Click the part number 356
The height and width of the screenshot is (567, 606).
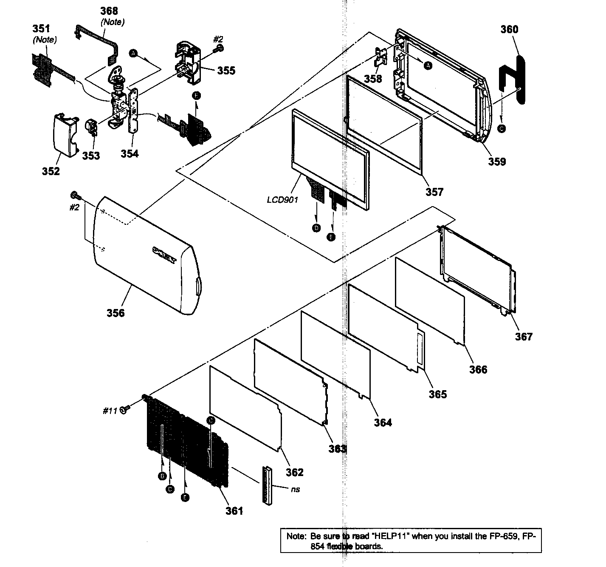(116, 313)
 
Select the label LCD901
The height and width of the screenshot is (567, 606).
(282, 199)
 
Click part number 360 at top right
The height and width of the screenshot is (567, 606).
(509, 29)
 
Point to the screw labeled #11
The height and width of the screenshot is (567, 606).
(124, 410)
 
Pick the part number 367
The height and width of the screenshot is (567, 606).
(524, 337)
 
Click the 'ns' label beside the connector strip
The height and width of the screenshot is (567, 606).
(296, 489)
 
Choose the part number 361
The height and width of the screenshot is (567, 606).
(234, 510)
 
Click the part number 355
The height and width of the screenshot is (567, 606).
(226, 71)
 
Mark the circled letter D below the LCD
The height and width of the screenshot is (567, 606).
(316, 228)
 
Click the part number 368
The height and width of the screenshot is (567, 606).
(109, 11)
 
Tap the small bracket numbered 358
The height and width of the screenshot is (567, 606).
(381, 56)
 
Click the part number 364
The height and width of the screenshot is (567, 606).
(383, 422)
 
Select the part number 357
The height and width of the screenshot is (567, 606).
(434, 192)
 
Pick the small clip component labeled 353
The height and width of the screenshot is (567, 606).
(92, 127)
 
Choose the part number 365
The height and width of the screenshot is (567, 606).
(437, 394)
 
